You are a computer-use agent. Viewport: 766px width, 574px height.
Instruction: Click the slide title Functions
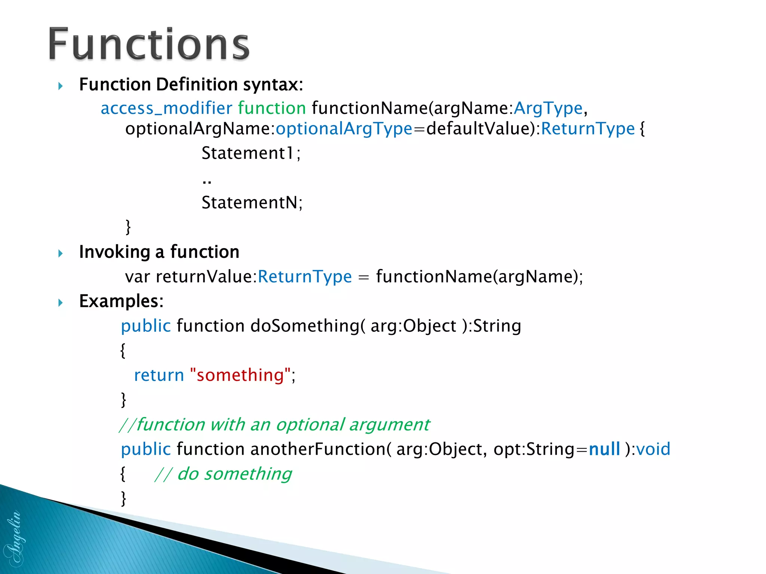[x=149, y=44]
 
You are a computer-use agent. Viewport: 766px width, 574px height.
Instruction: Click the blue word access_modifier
[x=166, y=108]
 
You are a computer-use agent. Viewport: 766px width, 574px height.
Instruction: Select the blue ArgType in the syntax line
[x=548, y=108]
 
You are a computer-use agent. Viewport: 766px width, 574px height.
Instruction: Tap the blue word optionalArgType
[x=344, y=129]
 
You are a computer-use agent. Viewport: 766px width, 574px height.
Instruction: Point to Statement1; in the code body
[x=251, y=153]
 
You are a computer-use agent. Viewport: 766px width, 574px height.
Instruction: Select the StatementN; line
[x=252, y=203]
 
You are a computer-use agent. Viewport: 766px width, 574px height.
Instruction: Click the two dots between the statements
[x=207, y=182]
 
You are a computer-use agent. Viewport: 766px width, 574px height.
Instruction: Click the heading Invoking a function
[x=159, y=252]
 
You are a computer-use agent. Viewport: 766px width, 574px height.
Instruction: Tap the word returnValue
[x=205, y=277]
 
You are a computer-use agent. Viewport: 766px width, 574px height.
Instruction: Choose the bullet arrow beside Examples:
[x=61, y=302]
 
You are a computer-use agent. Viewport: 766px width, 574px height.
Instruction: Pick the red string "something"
[x=240, y=375]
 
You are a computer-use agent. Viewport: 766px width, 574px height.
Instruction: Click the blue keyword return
[x=159, y=375]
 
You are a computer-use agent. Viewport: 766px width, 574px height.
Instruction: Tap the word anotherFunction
[x=319, y=449]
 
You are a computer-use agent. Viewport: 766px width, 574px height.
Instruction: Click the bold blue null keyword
[x=604, y=449]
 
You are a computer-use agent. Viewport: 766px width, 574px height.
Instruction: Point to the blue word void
[x=653, y=449]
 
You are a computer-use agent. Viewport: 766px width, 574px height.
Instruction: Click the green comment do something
[x=223, y=474]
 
